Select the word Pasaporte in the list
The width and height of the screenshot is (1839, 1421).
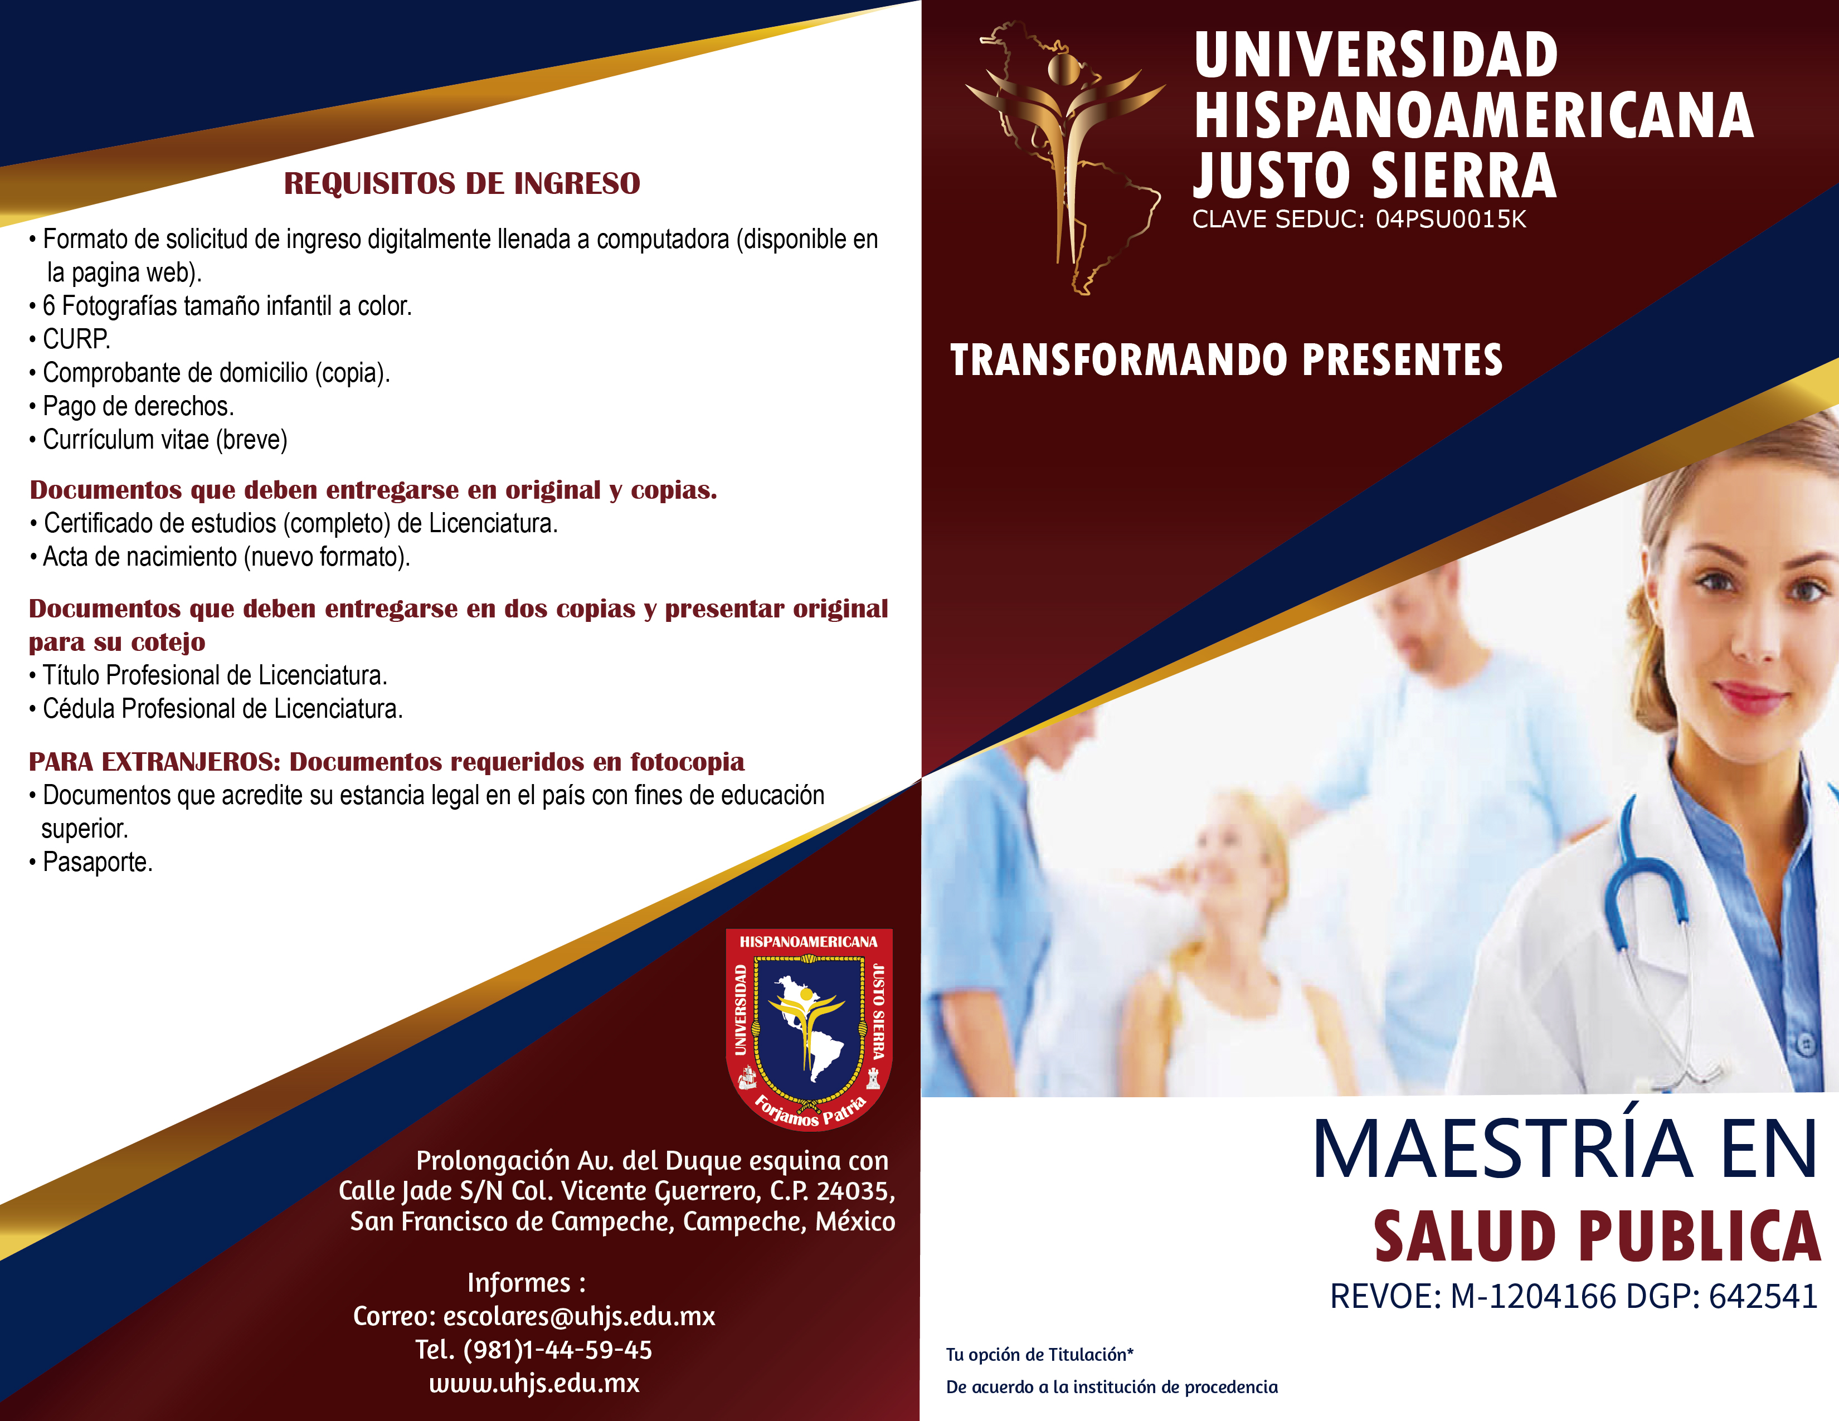(97, 862)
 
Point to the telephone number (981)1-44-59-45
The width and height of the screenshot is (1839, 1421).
(557, 1350)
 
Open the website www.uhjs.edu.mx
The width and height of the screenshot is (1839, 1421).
(534, 1383)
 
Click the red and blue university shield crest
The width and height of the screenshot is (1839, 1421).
(809, 1029)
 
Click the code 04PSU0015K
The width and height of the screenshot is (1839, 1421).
(1451, 219)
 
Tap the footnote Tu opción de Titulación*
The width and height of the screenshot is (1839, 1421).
(1040, 1355)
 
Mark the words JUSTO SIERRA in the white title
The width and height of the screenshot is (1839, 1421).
(1374, 176)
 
